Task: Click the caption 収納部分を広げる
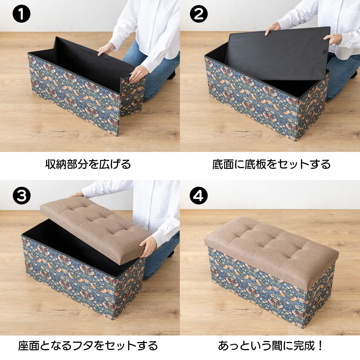pos(88,165)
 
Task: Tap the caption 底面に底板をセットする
pos(271,165)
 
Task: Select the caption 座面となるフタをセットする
pos(88,346)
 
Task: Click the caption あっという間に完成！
pos(271,346)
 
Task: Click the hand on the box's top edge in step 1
pos(106,49)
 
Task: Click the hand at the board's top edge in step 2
pos(273,30)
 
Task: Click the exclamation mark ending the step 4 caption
pos(321,346)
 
